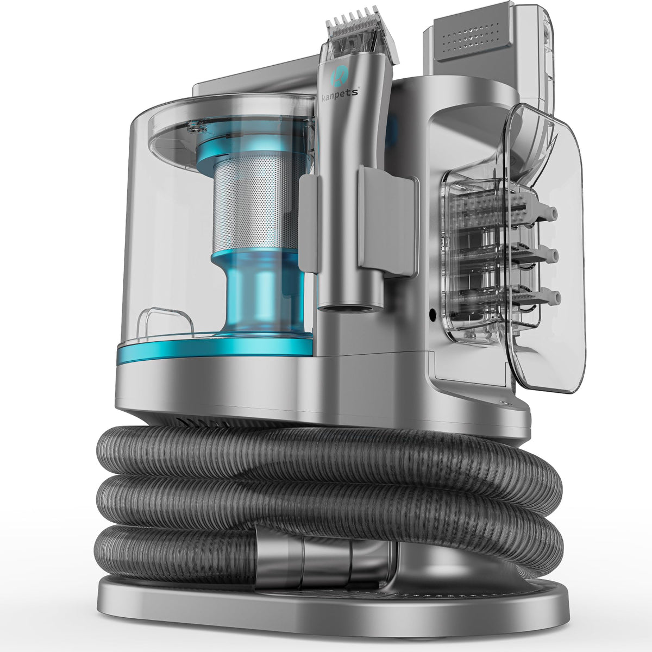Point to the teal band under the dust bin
point(215,348)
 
